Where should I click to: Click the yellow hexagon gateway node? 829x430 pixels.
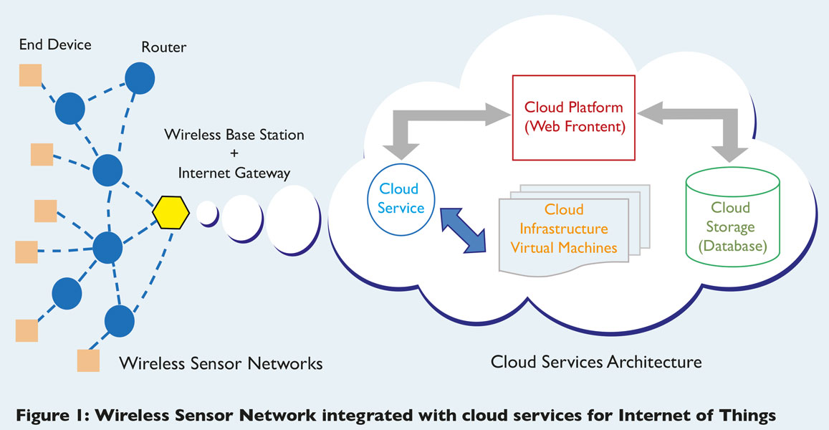click(x=171, y=211)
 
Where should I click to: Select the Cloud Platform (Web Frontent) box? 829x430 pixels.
click(x=574, y=118)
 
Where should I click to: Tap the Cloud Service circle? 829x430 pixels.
click(x=401, y=199)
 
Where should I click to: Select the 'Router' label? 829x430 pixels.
click(x=163, y=47)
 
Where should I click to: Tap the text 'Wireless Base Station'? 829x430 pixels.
click(x=234, y=135)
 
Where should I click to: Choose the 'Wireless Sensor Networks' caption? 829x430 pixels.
click(x=221, y=363)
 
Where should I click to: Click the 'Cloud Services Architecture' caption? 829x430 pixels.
click(x=596, y=361)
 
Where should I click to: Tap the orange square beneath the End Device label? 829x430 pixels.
click(x=30, y=75)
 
